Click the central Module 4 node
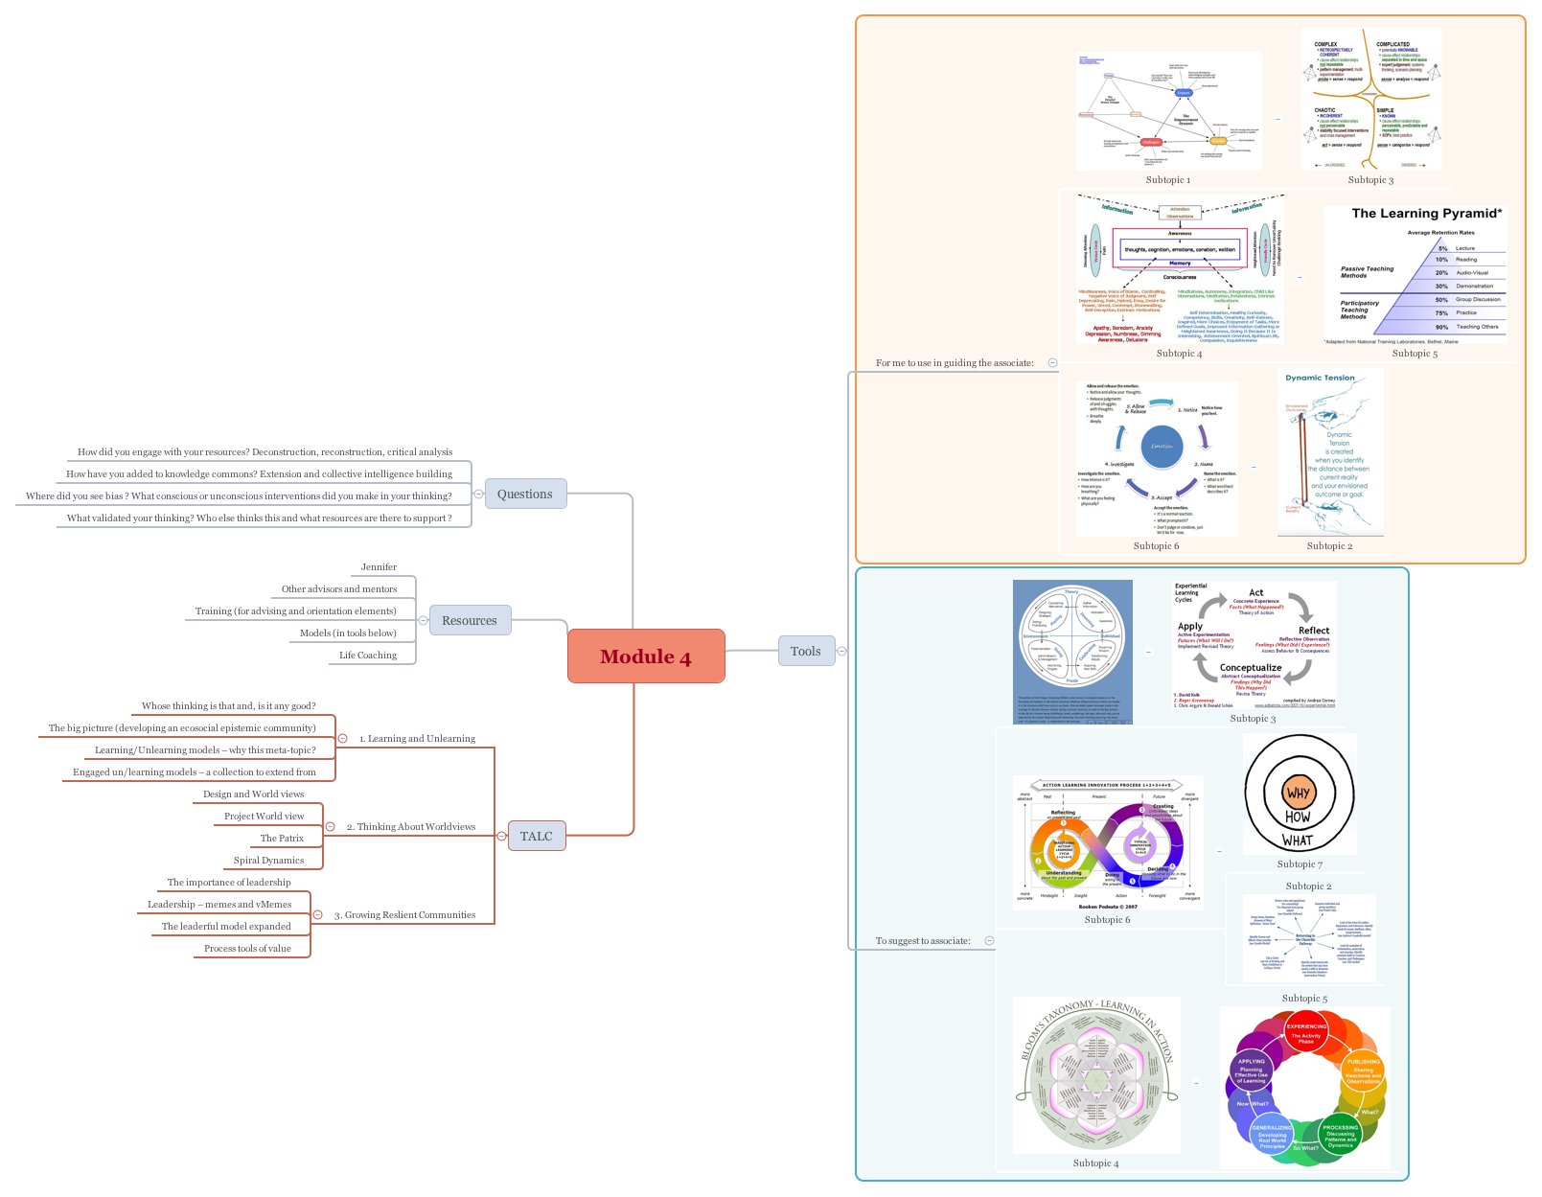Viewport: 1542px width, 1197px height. coord(645,656)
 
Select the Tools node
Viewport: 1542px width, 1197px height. coord(805,651)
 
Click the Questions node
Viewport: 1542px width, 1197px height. coord(524,494)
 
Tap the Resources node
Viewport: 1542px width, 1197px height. coord(469,620)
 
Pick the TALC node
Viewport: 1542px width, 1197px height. coord(536,836)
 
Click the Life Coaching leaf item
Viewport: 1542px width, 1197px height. coord(367,655)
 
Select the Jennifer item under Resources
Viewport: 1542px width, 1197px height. coord(379,566)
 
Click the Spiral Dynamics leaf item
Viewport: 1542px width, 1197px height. coord(268,860)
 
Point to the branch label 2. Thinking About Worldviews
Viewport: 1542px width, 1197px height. coord(410,826)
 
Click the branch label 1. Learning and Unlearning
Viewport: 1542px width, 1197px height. coord(416,738)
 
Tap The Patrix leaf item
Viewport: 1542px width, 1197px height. coord(282,838)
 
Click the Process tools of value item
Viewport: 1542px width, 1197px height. coord(247,948)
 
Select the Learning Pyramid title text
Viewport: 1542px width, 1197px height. coord(1426,214)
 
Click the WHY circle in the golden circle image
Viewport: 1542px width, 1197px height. coord(1298,793)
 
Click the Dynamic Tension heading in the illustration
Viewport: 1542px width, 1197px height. coord(1320,378)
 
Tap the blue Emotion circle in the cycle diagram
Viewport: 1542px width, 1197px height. coord(1162,447)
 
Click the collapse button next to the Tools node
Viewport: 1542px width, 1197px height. coord(841,652)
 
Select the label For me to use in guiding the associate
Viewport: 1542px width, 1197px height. coord(954,362)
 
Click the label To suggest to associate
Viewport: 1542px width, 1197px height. coord(922,940)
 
